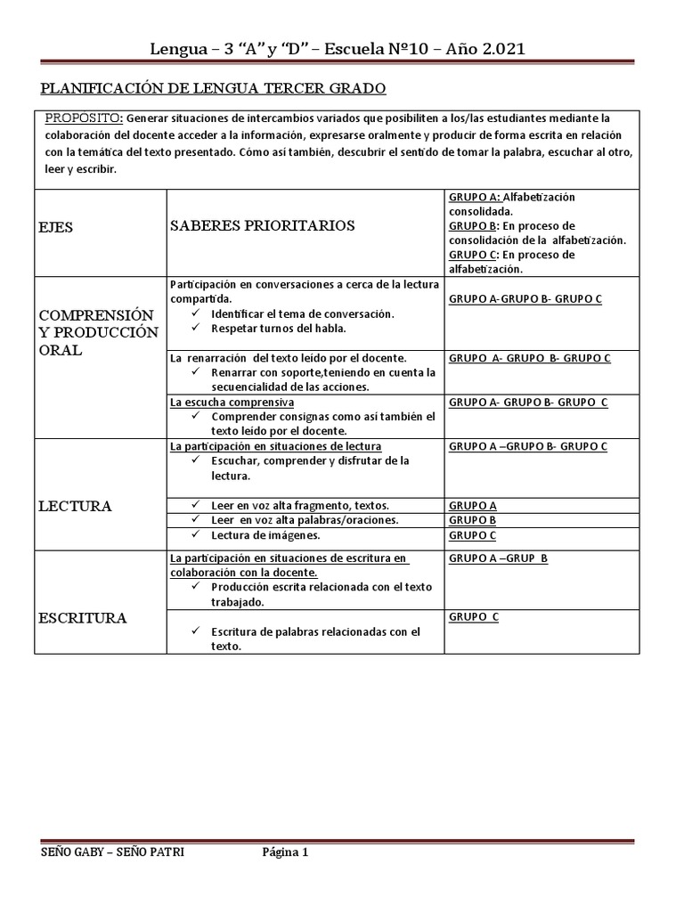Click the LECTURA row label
pyautogui.click(x=75, y=506)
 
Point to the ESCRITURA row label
pyautogui.click(x=82, y=617)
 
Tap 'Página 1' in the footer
pyautogui.click(x=284, y=851)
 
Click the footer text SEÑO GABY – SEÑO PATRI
pyautogui.click(x=113, y=851)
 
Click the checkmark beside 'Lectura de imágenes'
pyautogui.click(x=194, y=535)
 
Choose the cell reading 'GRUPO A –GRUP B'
pyautogui.click(x=499, y=558)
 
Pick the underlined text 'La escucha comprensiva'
pyautogui.click(x=232, y=402)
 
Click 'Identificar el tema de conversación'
pyautogui.click(x=303, y=313)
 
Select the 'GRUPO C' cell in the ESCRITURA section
pyautogui.click(x=474, y=616)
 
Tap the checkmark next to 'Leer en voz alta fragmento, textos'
pyautogui.click(x=194, y=505)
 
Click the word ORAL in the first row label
pyautogui.click(x=61, y=350)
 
